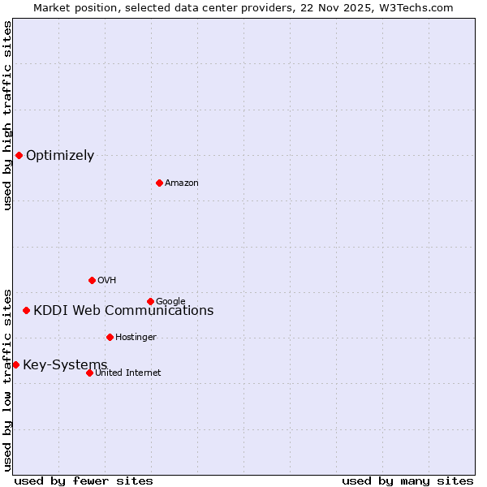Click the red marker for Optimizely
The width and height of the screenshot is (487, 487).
(x=19, y=155)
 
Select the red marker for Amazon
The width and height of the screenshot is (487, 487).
(x=159, y=183)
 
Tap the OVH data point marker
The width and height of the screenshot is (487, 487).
(x=92, y=280)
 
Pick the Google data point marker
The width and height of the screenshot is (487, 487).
(x=150, y=301)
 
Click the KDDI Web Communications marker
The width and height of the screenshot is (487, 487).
(x=26, y=310)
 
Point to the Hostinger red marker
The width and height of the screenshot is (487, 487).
(x=110, y=337)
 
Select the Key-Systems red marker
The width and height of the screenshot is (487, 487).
(x=15, y=364)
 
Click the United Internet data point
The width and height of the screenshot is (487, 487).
(x=89, y=373)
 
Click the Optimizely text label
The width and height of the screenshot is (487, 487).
(x=60, y=156)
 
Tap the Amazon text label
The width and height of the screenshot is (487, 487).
(x=182, y=183)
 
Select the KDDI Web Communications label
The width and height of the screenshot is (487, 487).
(x=123, y=310)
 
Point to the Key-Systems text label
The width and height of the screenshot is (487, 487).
(x=65, y=364)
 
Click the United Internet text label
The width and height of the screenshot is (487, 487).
(x=128, y=373)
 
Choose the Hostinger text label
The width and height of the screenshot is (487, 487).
(x=136, y=338)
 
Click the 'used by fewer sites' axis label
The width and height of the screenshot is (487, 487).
(x=84, y=481)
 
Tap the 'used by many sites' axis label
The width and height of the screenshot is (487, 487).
(x=407, y=481)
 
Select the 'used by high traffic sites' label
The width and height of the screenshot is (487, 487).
(x=7, y=115)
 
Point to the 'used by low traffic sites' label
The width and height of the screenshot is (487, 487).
(x=7, y=379)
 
